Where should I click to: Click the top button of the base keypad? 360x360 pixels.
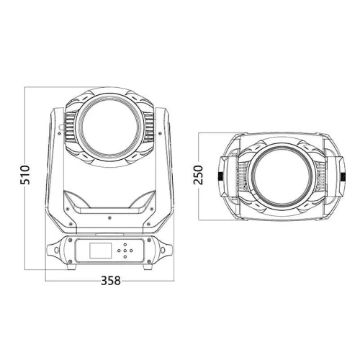click(x=125, y=245)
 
